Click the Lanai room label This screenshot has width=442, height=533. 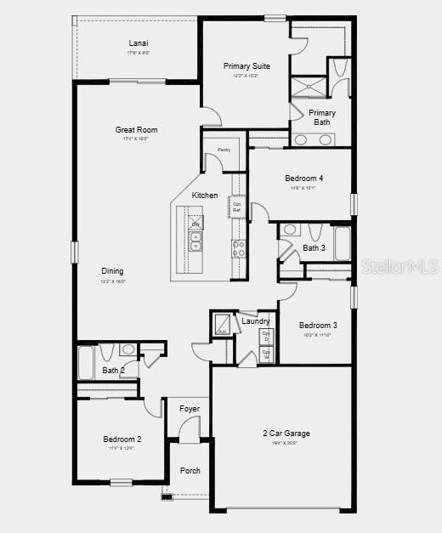tap(138, 43)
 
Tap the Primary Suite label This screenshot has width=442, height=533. tap(246, 66)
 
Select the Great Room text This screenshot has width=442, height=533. tap(137, 130)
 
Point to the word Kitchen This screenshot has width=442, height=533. tap(204, 196)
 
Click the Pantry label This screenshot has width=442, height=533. tap(224, 150)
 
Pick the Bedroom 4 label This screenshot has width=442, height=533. tap(303, 178)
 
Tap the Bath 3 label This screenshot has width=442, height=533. tap(314, 248)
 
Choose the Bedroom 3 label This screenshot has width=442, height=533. tap(318, 326)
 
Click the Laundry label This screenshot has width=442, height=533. tap(255, 321)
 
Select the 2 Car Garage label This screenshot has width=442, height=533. tap(286, 434)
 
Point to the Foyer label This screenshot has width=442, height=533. tap(190, 409)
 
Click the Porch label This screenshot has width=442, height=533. tap(190, 470)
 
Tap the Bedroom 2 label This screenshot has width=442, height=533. tap(122, 439)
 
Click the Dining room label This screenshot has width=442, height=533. tap(113, 271)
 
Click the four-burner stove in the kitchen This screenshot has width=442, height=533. tap(239, 248)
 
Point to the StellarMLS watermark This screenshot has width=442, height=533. tap(400, 267)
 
